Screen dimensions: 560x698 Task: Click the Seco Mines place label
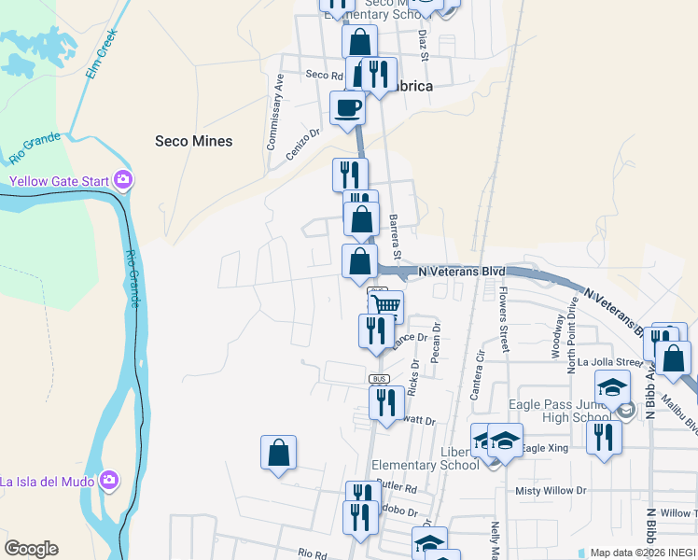coord(193,141)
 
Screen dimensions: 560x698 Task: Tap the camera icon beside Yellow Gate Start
coord(122,179)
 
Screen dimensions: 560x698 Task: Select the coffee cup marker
coord(347,108)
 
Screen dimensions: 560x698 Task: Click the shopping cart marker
coord(385,306)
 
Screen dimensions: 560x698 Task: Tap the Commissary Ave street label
coord(273,112)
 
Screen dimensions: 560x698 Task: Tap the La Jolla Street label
coord(610,362)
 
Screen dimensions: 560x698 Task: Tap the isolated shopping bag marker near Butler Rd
coord(279,454)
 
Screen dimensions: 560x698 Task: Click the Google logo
coord(31,549)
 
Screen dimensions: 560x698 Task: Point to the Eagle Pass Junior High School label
coord(560,411)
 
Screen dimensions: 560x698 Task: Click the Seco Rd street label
coord(318,75)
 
